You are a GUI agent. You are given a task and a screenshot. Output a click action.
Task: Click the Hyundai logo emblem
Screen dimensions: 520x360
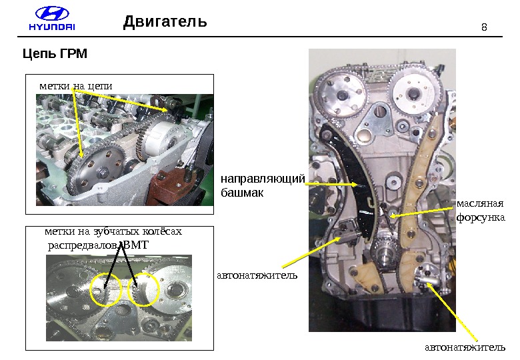(x=52, y=15)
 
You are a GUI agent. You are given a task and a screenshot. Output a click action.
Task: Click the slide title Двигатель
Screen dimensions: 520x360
(x=165, y=22)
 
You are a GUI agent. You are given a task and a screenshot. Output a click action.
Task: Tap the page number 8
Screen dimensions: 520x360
(x=484, y=27)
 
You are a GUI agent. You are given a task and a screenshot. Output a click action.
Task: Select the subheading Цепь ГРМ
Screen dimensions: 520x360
(x=55, y=53)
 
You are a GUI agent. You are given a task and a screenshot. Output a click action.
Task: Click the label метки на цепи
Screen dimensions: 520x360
(x=76, y=86)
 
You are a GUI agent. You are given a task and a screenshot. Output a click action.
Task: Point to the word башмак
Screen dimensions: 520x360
(x=242, y=193)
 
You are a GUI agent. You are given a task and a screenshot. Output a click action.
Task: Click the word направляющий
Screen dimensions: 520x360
(x=263, y=179)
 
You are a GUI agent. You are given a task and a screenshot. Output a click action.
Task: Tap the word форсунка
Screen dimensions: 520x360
(x=481, y=217)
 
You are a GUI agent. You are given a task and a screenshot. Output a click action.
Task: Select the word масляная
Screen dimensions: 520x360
(x=480, y=203)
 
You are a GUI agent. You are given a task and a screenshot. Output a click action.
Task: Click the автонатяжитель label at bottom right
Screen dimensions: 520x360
(x=465, y=347)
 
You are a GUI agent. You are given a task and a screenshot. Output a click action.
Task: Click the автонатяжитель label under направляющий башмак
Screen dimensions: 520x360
(x=257, y=275)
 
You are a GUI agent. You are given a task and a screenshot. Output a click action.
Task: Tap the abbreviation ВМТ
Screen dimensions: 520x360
(x=135, y=245)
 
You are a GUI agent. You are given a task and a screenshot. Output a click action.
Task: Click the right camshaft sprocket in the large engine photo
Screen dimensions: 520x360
(x=413, y=93)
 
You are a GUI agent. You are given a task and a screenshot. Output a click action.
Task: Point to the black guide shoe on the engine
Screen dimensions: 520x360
(x=355, y=179)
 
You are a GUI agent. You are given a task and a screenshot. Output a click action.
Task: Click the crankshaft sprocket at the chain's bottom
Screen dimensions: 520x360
(x=385, y=252)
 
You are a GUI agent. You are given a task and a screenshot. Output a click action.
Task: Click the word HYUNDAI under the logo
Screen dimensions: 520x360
(x=52, y=27)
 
